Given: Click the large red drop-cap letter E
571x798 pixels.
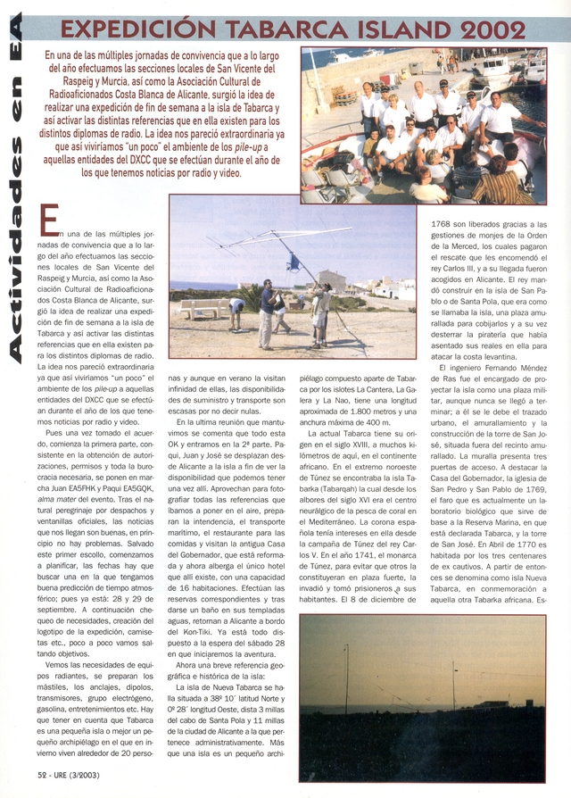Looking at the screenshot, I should point(49,220).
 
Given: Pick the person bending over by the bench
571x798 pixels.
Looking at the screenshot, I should point(236,309).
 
